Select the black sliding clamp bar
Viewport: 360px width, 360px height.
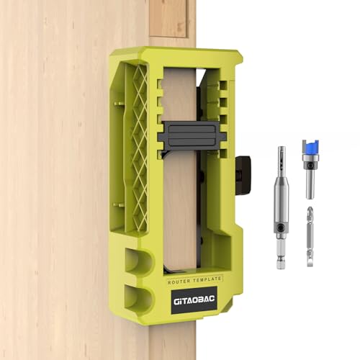191,135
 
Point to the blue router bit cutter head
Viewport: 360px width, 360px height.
310,152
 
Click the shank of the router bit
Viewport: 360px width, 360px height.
310,186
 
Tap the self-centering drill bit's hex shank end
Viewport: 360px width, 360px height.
281,258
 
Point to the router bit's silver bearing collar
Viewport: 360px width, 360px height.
310,167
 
